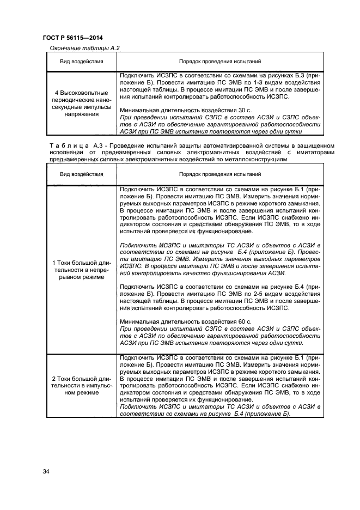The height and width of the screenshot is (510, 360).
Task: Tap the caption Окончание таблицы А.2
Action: (84, 48)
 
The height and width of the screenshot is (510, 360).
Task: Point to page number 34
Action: (46, 471)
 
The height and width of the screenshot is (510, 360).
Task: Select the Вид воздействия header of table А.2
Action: (81, 62)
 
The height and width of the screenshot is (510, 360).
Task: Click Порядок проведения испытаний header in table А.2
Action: (220, 62)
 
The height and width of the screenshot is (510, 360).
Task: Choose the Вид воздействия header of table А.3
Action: (81, 174)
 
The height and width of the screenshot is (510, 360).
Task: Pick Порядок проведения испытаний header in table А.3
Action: (220, 174)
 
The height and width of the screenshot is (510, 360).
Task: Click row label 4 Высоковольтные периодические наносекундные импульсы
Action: (81, 104)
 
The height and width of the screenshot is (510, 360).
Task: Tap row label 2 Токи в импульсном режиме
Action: (81, 385)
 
